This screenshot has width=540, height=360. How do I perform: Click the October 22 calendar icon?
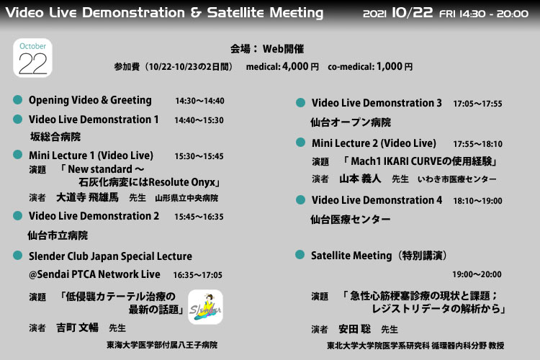32,58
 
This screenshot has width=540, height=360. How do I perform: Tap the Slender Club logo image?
205,307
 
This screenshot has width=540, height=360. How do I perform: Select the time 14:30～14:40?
199,101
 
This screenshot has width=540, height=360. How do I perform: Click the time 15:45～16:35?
199,217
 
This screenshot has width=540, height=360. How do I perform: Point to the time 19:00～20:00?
477,274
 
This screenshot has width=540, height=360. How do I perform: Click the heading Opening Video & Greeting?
90,100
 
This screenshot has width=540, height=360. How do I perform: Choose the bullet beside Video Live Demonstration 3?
300,103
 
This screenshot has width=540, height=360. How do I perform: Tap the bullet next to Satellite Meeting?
300,255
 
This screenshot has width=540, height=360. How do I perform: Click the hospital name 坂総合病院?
55,137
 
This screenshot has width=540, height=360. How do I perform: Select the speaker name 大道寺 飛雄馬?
87,197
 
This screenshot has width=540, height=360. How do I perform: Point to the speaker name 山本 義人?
360,179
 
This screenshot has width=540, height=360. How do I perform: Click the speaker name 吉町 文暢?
78,328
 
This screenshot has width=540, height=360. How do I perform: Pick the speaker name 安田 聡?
355,329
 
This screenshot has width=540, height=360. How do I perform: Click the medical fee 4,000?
295,66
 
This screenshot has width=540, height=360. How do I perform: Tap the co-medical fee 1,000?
389,66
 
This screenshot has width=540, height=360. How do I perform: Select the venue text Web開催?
283,49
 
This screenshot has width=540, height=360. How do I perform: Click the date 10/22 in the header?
413,13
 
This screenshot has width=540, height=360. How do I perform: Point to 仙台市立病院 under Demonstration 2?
58,235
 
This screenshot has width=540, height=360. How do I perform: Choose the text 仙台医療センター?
351,220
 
